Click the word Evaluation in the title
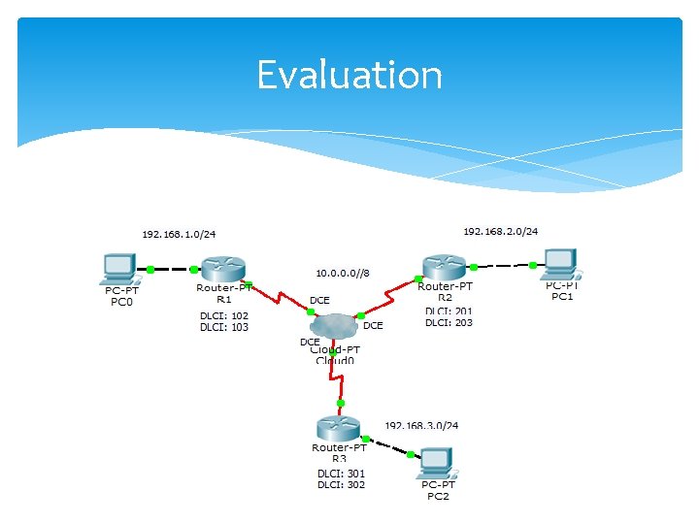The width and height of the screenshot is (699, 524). point(349,75)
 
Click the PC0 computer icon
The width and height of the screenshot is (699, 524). point(119,267)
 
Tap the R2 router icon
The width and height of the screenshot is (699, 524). point(445,265)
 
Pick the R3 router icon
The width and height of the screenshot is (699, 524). point(338,427)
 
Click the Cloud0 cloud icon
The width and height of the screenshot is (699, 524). point(336,328)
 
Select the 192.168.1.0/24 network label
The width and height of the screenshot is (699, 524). point(179,234)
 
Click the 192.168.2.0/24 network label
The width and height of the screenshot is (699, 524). point(500,231)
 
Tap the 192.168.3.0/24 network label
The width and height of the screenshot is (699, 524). point(421,425)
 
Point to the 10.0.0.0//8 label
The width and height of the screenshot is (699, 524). point(343,274)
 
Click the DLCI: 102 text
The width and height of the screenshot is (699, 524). point(224,315)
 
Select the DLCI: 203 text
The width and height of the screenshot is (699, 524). point(449,322)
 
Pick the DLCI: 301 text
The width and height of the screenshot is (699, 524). point(341,474)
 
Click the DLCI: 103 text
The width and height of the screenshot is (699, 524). point(224,327)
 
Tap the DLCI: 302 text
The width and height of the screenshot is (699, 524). point(341,484)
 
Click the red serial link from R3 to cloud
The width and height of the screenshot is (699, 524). point(340,378)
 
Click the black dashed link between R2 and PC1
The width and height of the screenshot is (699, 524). point(503,265)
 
